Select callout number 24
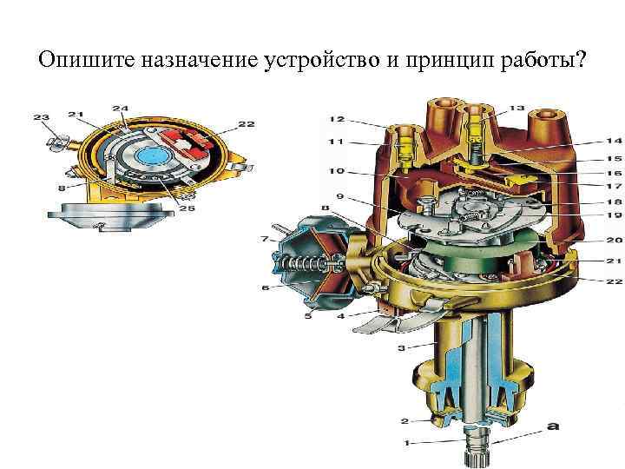pos(120,109)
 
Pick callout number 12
pos(337,119)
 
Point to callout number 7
pos(265,238)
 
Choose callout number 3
pos(401,348)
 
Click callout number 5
pos(307,316)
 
